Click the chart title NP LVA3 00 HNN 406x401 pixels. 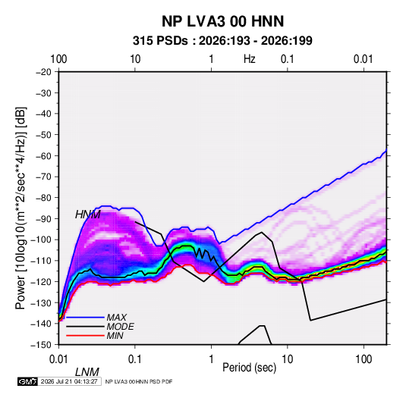tap(222, 21)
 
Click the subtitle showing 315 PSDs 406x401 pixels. tap(222, 41)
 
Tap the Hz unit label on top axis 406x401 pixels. tap(250, 59)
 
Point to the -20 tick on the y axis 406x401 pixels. tap(43, 72)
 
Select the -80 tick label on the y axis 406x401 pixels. tap(43, 198)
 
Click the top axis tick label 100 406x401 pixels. tap(58, 59)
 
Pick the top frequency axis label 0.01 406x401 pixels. tap(364, 59)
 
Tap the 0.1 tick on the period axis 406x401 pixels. tap(135, 359)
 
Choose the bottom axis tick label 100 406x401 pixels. tap(364, 359)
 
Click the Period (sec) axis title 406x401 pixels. tap(250, 368)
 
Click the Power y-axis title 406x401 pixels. tap(20, 208)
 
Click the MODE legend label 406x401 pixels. tap(121, 327)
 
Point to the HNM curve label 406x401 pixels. tap(88, 215)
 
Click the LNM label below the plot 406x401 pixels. tap(87, 372)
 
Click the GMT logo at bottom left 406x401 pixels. tap(27, 381)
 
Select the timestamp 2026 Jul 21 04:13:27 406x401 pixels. tap(69, 381)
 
